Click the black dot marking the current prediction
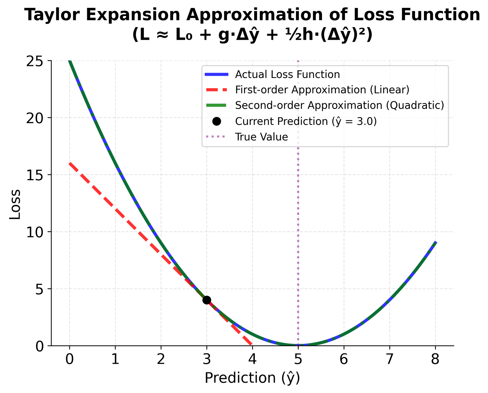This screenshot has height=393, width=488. click(x=207, y=300)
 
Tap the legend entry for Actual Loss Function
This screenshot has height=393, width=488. click(x=287, y=75)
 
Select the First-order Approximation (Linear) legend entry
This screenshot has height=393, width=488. click(x=322, y=90)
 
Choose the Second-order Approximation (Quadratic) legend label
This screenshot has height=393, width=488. click(x=339, y=105)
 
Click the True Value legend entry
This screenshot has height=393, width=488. click(x=261, y=137)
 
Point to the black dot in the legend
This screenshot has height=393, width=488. click(x=217, y=121)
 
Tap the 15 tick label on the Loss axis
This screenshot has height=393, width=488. click(x=35, y=175)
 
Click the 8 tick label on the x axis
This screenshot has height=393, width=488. click(x=435, y=360)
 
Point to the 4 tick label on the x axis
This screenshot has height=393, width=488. click(x=252, y=360)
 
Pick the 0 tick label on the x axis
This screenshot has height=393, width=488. click(x=69, y=360)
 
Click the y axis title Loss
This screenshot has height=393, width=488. click(x=15, y=204)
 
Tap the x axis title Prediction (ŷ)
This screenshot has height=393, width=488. click(x=252, y=378)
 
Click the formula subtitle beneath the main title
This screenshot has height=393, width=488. click(x=252, y=35)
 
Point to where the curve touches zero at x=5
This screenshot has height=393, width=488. click(x=298, y=345)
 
